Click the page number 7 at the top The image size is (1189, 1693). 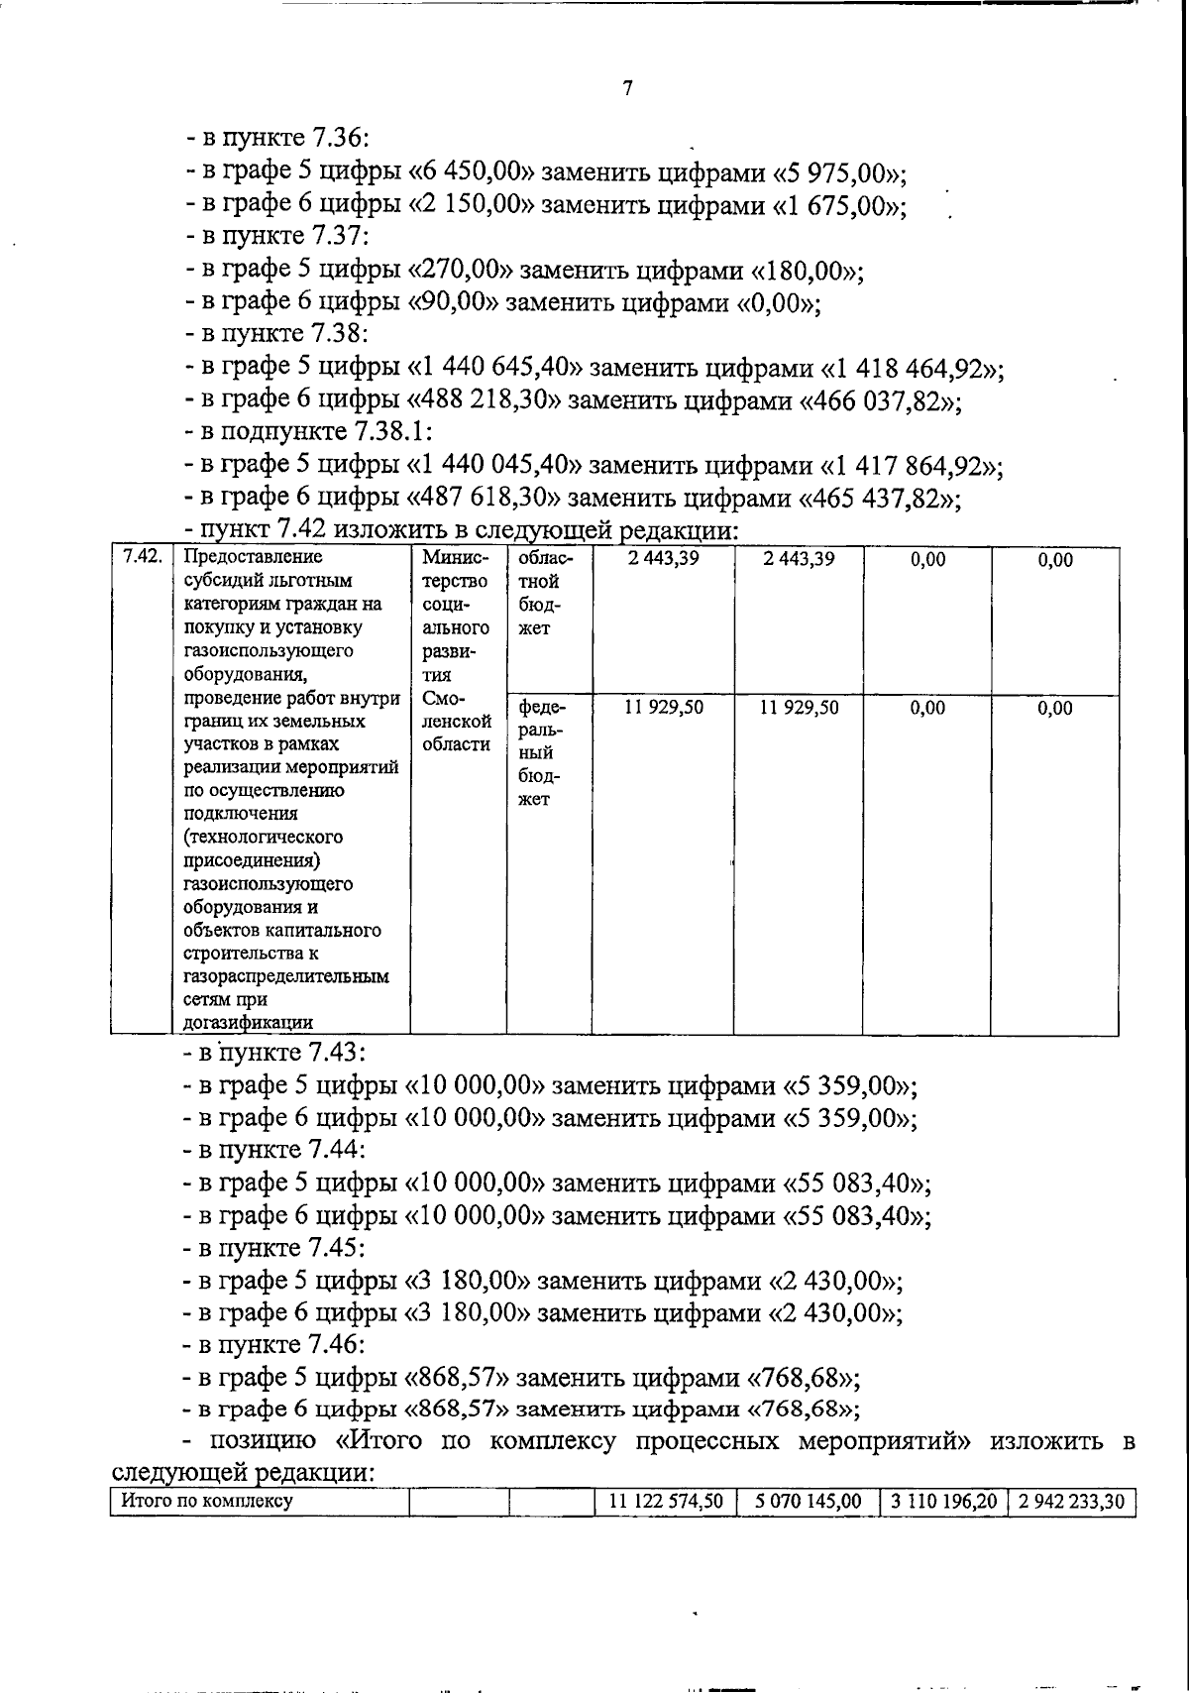[627, 89]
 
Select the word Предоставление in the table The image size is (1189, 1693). [254, 558]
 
